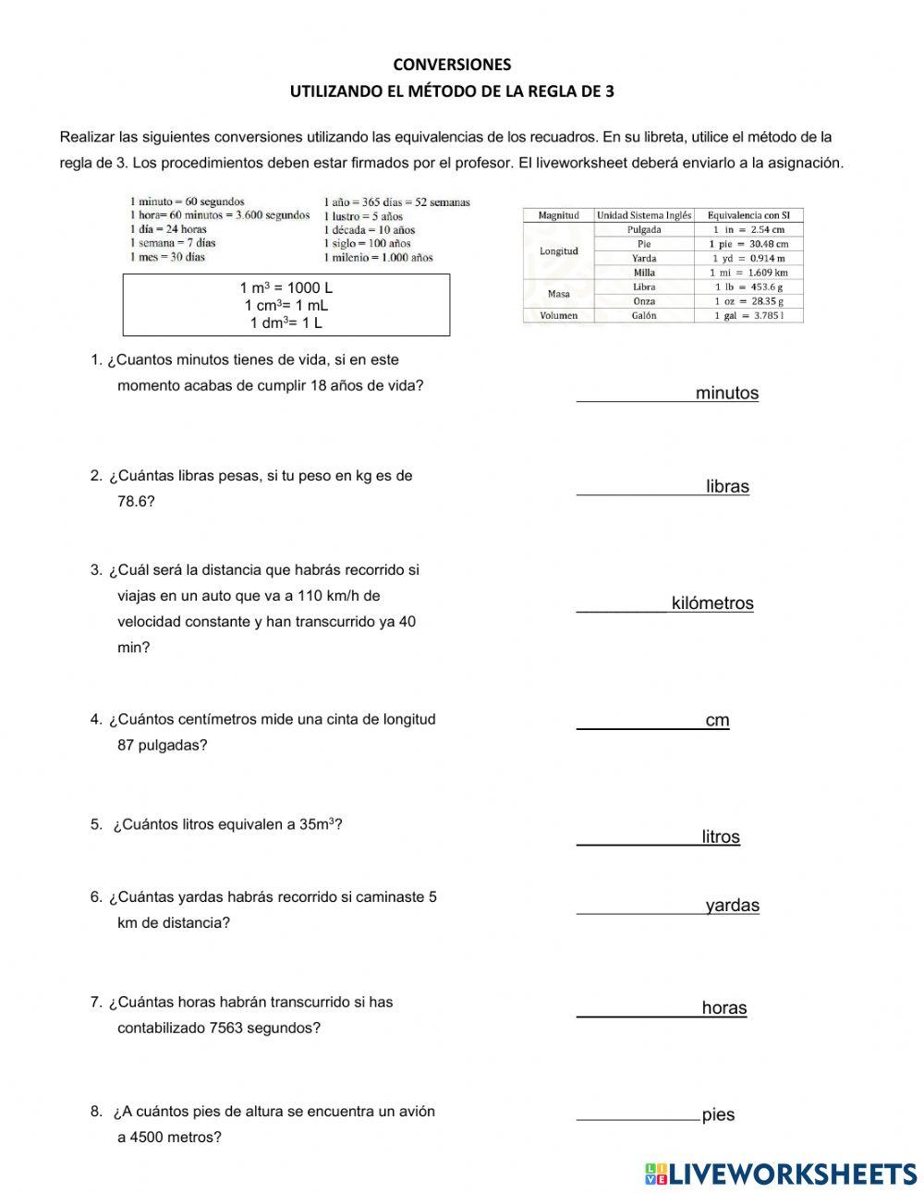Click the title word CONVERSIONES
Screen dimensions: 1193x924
click(x=452, y=65)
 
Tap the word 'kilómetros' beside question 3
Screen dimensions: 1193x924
click(x=712, y=603)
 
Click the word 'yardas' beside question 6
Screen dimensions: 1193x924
click(x=732, y=906)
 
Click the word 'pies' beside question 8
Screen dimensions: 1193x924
click(x=718, y=1115)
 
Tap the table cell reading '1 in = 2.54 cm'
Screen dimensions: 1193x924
click(x=748, y=229)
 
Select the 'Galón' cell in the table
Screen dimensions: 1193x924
click(x=644, y=315)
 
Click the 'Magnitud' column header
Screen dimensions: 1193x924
click(x=558, y=215)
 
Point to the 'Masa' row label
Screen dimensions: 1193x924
click(x=558, y=294)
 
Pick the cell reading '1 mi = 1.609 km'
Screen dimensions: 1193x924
click(x=748, y=273)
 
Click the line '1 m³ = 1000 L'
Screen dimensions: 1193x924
click(x=286, y=288)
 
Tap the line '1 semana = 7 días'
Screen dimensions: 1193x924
click(x=173, y=243)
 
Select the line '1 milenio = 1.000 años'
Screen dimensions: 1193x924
click(x=378, y=258)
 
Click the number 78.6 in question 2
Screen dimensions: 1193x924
click(x=136, y=502)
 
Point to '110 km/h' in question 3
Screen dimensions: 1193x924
click(x=325, y=596)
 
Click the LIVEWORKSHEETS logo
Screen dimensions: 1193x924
click(x=781, y=1174)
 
